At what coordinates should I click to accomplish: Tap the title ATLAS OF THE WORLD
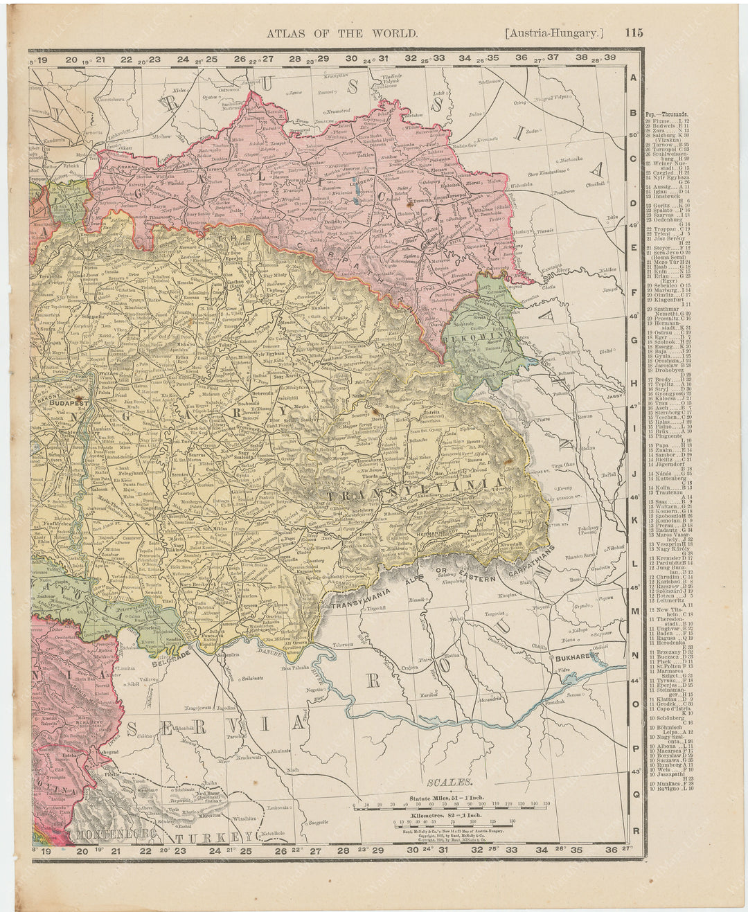[343, 33]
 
